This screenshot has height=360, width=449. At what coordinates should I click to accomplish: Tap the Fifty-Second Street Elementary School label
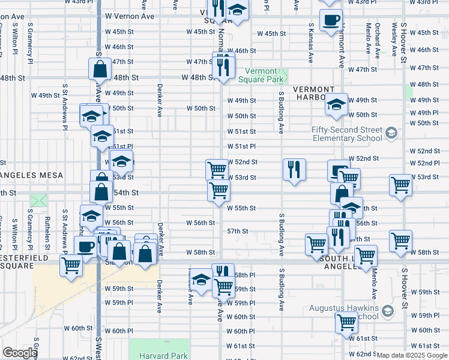[347, 134]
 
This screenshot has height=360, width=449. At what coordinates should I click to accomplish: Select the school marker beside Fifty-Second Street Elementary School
[391, 133]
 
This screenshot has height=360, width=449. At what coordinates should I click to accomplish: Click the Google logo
[19, 353]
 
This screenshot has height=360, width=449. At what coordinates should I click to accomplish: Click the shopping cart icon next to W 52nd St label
[217, 169]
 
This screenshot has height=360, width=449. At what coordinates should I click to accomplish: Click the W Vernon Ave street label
[130, 16]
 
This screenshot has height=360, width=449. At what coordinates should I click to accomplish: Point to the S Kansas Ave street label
[311, 43]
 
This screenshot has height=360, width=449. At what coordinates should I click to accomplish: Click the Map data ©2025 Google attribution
[412, 355]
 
